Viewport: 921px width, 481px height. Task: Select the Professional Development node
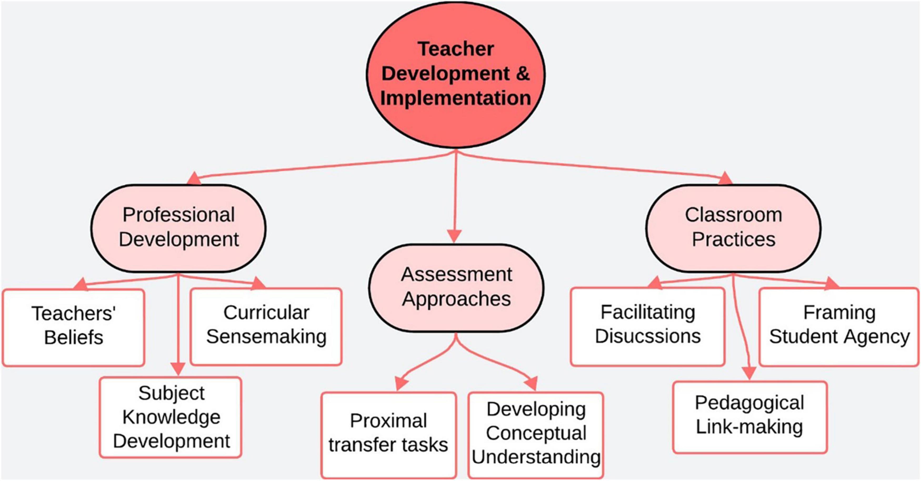(178, 227)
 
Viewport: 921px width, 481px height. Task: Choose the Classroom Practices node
(733, 227)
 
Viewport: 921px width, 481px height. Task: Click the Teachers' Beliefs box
(74, 327)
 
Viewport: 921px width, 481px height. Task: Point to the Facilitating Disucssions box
(648, 326)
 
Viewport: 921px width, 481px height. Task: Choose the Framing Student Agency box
(839, 326)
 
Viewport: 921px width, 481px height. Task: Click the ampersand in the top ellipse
(522, 73)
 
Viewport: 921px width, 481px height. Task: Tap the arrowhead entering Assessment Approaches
(454, 236)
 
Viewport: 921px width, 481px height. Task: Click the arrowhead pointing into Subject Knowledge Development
(178, 369)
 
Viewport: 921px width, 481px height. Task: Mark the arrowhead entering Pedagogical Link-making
(749, 373)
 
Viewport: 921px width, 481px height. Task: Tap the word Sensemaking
(266, 337)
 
